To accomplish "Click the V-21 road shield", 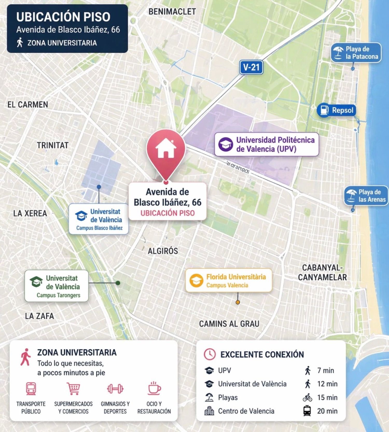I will (x=251, y=67).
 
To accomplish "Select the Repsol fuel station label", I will (x=336, y=110).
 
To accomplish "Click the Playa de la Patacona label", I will (x=356, y=53).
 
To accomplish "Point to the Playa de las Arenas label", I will (x=366, y=196).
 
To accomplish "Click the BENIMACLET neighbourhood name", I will (x=172, y=12).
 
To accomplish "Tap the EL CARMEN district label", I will (x=28, y=105).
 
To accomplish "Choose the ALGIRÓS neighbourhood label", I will (x=163, y=251).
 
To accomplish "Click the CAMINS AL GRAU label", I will (x=229, y=324).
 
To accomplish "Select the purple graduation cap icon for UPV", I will (x=225, y=144).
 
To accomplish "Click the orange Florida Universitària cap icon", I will (x=196, y=281).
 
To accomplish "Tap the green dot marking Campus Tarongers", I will (x=118, y=283).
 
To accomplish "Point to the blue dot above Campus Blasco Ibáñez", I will (x=99, y=187).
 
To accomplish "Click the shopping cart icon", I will (x=73, y=388).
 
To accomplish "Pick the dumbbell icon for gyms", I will (x=115, y=389).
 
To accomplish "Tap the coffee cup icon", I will (x=154, y=388).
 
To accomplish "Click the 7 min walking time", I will (x=325, y=371).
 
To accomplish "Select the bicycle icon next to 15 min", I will (x=307, y=398).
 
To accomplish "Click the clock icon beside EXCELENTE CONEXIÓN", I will (x=210, y=354).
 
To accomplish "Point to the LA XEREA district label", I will (x=30, y=213).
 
